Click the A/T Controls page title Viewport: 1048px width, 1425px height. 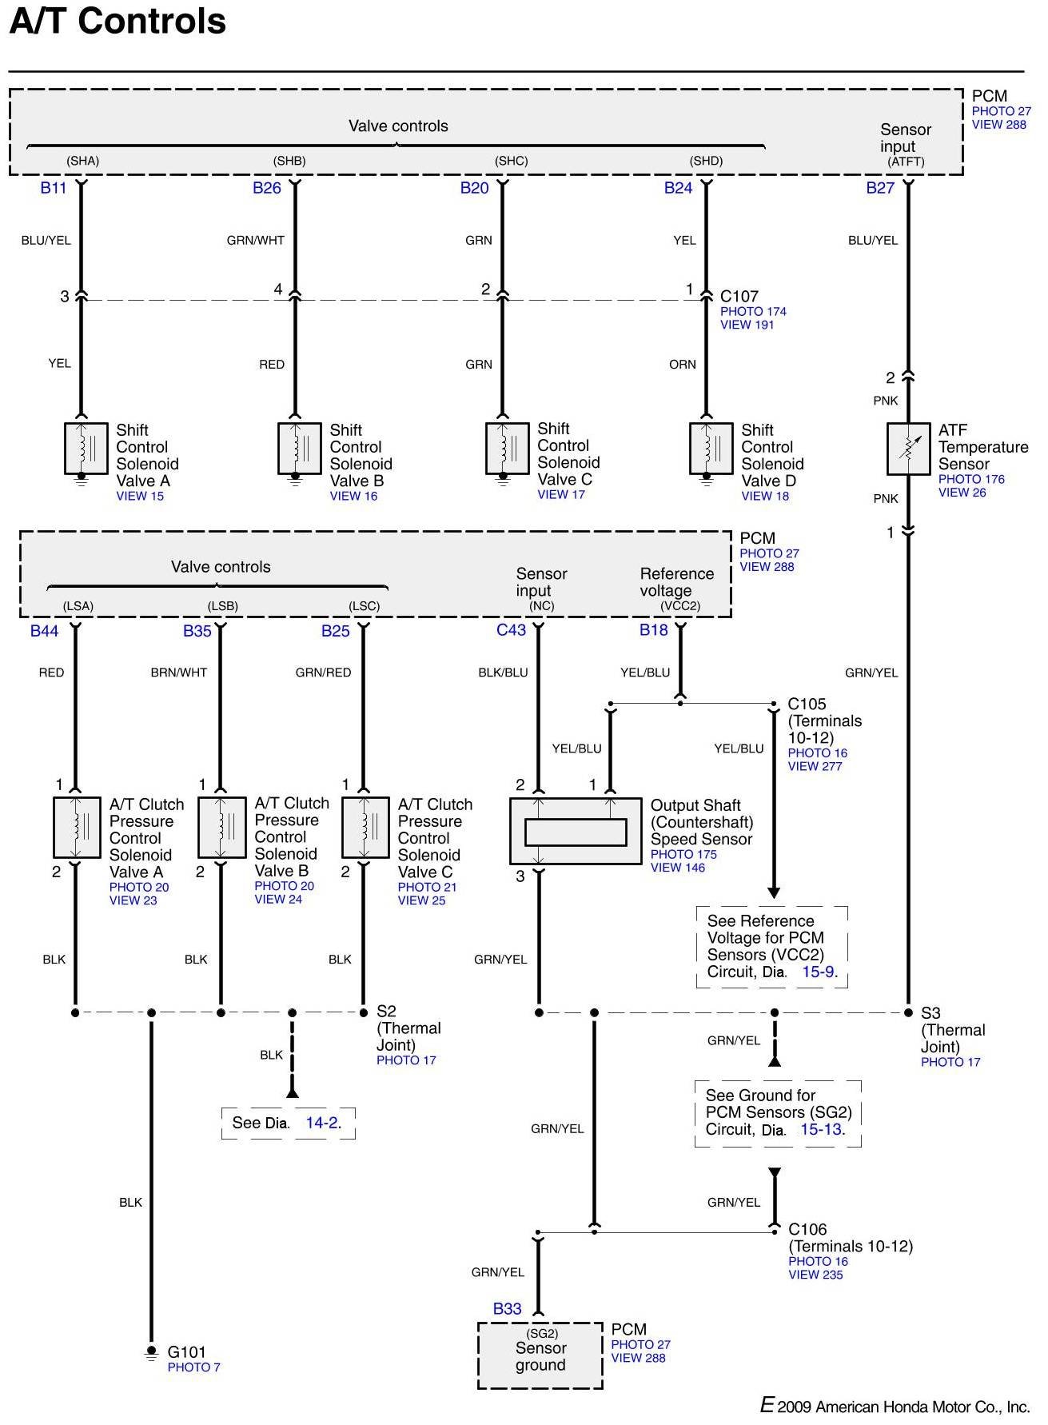[118, 21]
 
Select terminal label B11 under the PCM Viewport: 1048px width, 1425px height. [54, 188]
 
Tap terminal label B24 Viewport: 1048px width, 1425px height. [678, 188]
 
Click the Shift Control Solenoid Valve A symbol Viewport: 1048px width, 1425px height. [86, 449]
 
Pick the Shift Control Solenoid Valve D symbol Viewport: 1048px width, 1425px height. [711, 449]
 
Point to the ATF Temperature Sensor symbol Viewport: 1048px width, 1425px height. [908, 449]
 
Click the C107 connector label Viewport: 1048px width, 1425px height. [739, 297]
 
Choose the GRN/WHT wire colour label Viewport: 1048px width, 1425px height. [256, 240]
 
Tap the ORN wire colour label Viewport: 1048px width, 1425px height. [683, 365]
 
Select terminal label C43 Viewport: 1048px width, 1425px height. [511, 630]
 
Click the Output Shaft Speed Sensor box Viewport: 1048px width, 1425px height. [576, 831]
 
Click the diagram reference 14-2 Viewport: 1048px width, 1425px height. [323, 1123]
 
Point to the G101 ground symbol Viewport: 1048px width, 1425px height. [150, 1352]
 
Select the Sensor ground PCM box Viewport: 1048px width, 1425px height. [540, 1355]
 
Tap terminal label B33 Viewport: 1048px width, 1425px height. [507, 1309]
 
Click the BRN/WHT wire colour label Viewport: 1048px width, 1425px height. [179, 673]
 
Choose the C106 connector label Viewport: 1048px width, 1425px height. [807, 1229]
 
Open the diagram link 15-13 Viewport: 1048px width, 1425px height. [821, 1130]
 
